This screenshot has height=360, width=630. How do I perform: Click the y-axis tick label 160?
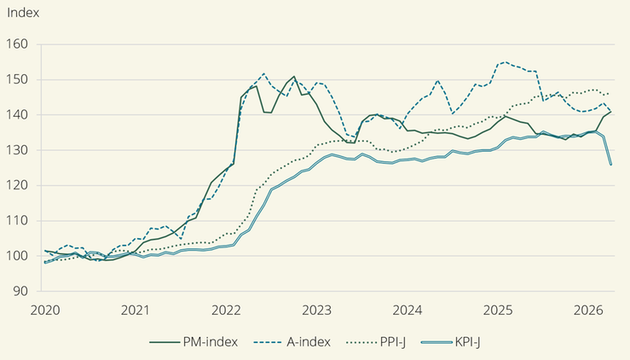point(17,44)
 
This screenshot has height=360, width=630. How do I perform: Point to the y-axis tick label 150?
point(17,79)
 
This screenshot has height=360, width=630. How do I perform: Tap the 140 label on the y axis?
point(17,114)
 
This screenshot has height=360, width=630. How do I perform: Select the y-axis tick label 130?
point(17,150)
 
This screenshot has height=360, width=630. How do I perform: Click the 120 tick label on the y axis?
point(17,185)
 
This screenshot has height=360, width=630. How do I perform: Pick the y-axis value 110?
point(17,220)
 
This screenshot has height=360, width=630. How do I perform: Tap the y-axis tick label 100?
point(17,256)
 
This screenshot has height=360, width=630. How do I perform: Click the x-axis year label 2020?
point(45,311)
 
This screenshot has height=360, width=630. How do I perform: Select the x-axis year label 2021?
point(136,311)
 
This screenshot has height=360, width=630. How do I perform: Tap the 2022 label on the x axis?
point(226,311)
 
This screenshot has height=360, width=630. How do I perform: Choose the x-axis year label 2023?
point(316,311)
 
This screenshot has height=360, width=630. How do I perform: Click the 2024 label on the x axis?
point(407,311)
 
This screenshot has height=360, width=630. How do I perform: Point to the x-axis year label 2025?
point(498,311)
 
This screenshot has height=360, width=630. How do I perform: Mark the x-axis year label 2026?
point(588,311)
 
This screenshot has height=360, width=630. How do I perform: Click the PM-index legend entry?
point(194,342)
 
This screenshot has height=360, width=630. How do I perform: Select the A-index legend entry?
point(292,342)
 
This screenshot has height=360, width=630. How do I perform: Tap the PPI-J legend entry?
point(376,342)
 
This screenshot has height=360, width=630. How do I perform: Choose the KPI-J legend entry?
point(451,342)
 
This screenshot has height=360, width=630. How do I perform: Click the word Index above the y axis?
point(23,13)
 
